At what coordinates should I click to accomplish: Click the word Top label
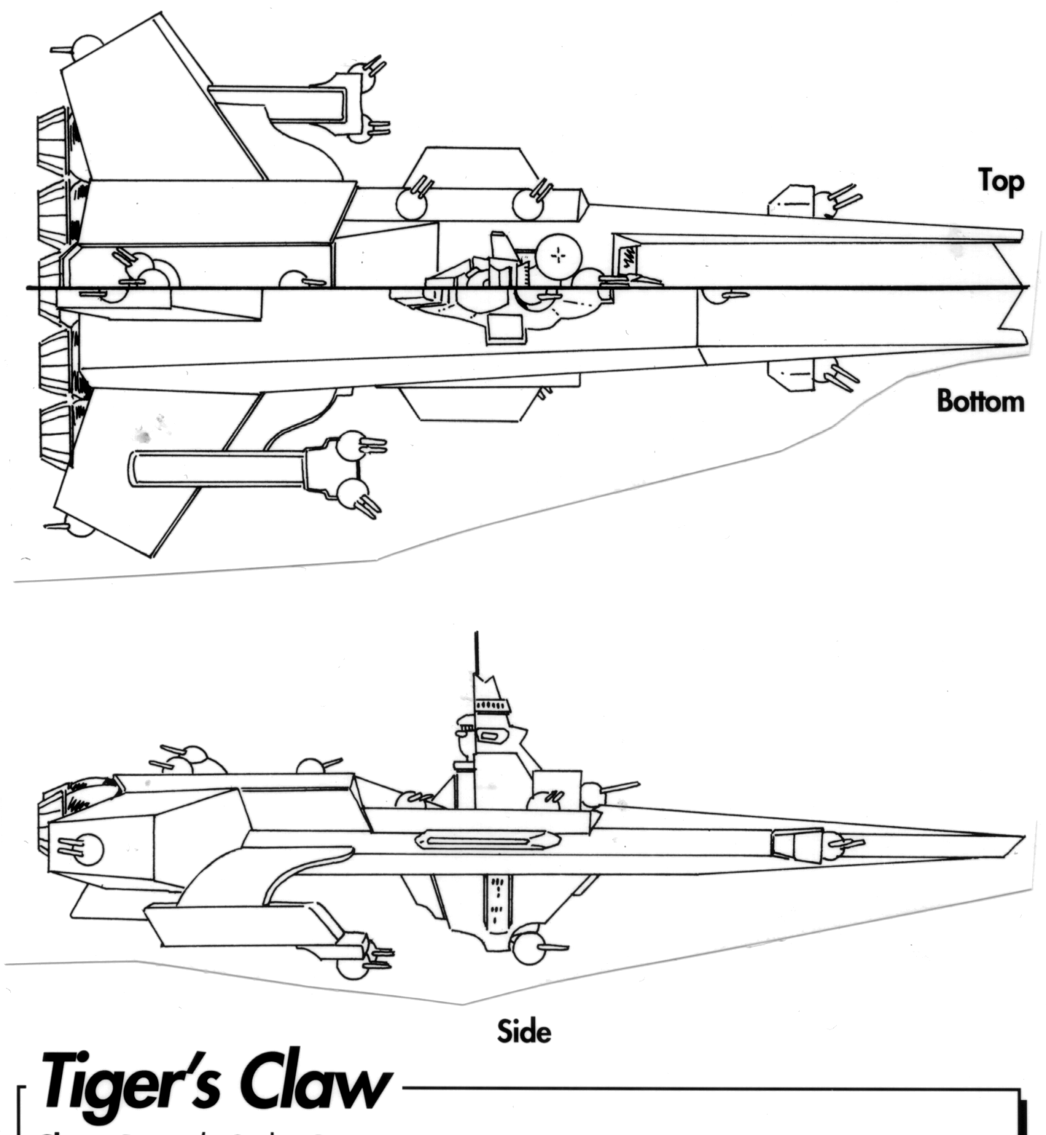[x=1001, y=181]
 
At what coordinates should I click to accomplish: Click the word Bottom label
[x=980, y=401]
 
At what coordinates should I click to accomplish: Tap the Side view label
[x=523, y=1031]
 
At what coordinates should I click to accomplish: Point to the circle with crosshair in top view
[x=558, y=256]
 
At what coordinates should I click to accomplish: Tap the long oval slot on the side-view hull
[x=481, y=842]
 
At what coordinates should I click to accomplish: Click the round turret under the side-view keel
[x=528, y=946]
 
